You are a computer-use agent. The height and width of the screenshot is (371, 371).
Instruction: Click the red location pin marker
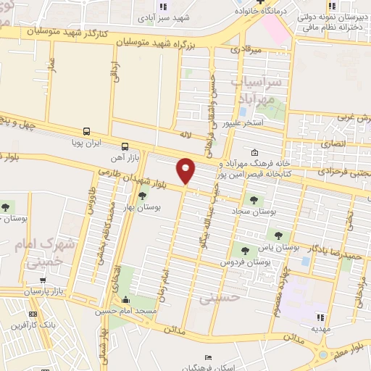click(x=186, y=170)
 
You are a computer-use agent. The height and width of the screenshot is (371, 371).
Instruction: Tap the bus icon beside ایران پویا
click(x=87, y=132)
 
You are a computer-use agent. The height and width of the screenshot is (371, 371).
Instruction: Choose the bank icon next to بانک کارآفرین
click(x=32, y=314)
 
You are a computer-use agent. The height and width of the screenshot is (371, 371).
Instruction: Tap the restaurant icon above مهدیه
click(x=319, y=316)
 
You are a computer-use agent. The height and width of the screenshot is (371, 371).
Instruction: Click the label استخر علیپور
click(x=262, y=124)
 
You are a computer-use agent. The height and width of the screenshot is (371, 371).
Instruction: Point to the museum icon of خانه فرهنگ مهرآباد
click(x=254, y=153)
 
